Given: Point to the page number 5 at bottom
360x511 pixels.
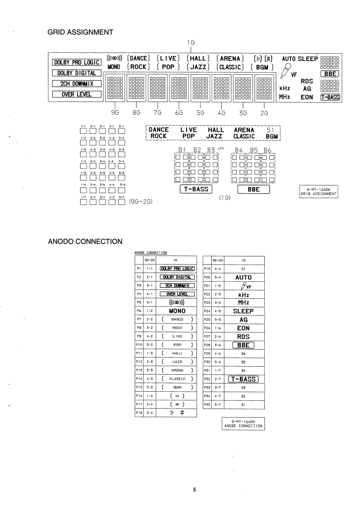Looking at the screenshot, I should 194,490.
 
